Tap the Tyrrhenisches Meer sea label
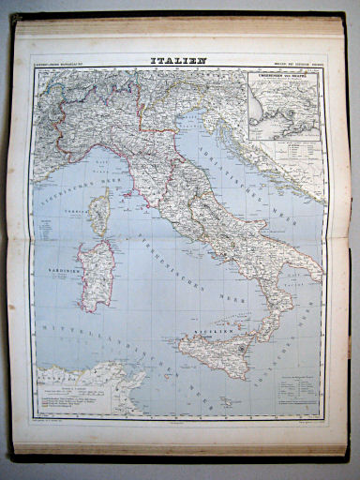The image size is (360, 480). (x=187, y=281)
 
